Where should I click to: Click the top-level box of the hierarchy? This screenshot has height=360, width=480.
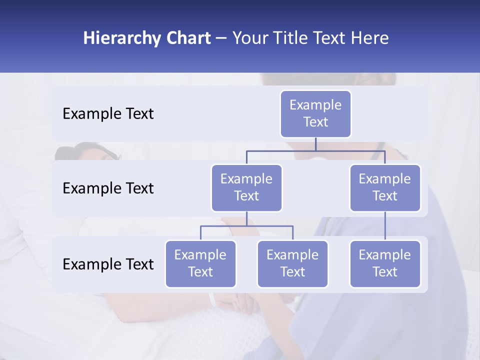315,114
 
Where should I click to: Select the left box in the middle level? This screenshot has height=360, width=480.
246,188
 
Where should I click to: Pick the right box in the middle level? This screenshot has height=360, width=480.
385,188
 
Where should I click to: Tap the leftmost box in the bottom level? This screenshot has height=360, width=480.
200,264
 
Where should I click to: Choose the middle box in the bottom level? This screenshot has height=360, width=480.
292,264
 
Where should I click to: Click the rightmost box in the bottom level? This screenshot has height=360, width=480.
385,264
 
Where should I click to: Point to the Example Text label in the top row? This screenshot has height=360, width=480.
108,114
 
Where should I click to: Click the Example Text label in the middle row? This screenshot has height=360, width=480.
108,188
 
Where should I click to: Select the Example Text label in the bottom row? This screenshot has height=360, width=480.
108,264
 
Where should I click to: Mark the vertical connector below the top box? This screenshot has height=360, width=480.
315,144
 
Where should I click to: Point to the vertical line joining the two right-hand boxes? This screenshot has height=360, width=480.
385,226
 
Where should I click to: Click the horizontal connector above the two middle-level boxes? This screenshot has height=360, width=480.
315,150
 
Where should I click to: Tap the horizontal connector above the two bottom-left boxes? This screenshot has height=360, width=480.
246,226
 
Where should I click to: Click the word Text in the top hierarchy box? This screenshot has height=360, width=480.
315,122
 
